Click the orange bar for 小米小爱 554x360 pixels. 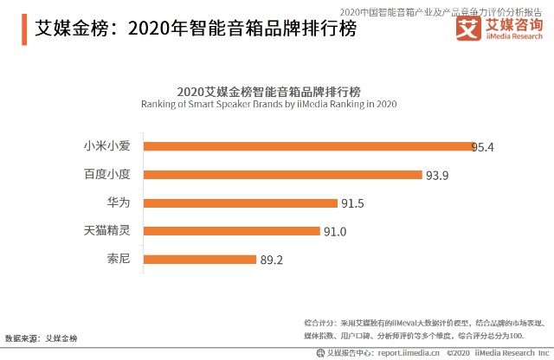(308, 146)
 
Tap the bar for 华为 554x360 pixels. (240, 203)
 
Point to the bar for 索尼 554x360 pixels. (199, 259)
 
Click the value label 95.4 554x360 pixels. (482, 147)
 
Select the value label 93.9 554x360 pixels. (437, 176)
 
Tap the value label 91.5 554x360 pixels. (352, 204)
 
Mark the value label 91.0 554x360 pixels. (335, 232)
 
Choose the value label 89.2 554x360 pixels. (273, 260)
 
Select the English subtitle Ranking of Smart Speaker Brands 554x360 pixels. (268, 104)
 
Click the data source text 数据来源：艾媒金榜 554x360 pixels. (41, 337)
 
